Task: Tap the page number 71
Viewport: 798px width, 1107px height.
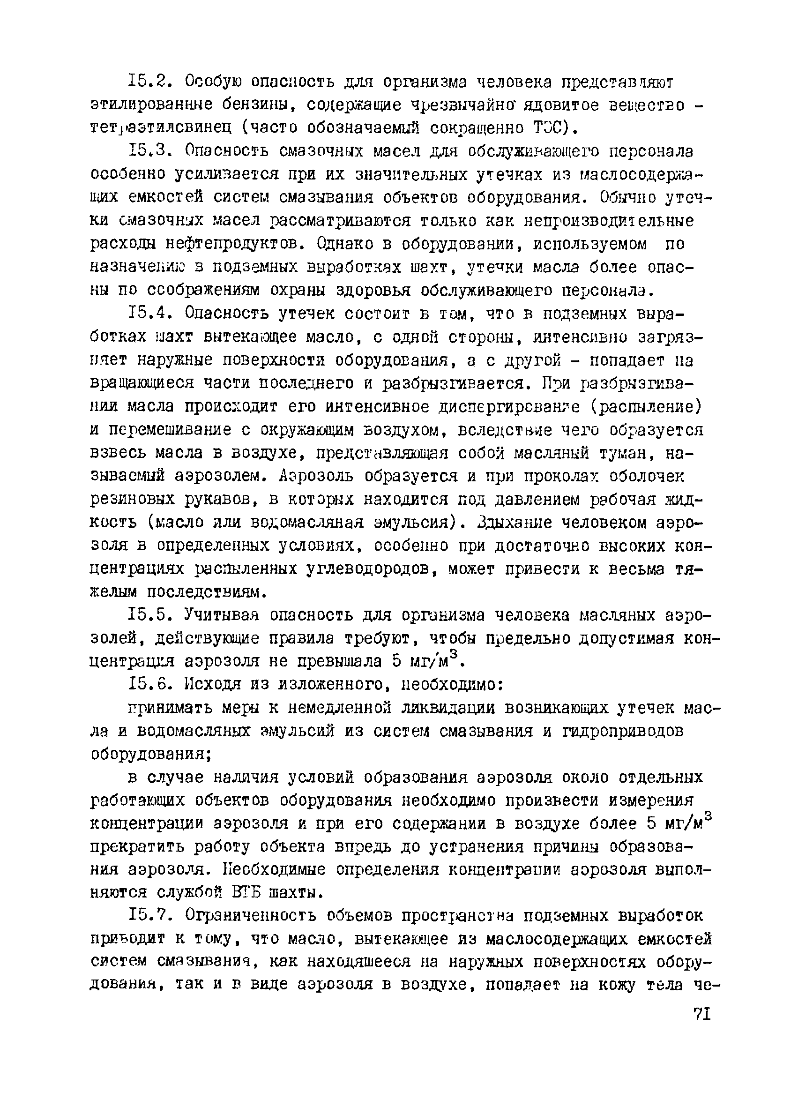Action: pyautogui.click(x=701, y=1015)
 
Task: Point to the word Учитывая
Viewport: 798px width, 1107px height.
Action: pyautogui.click(x=220, y=615)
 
